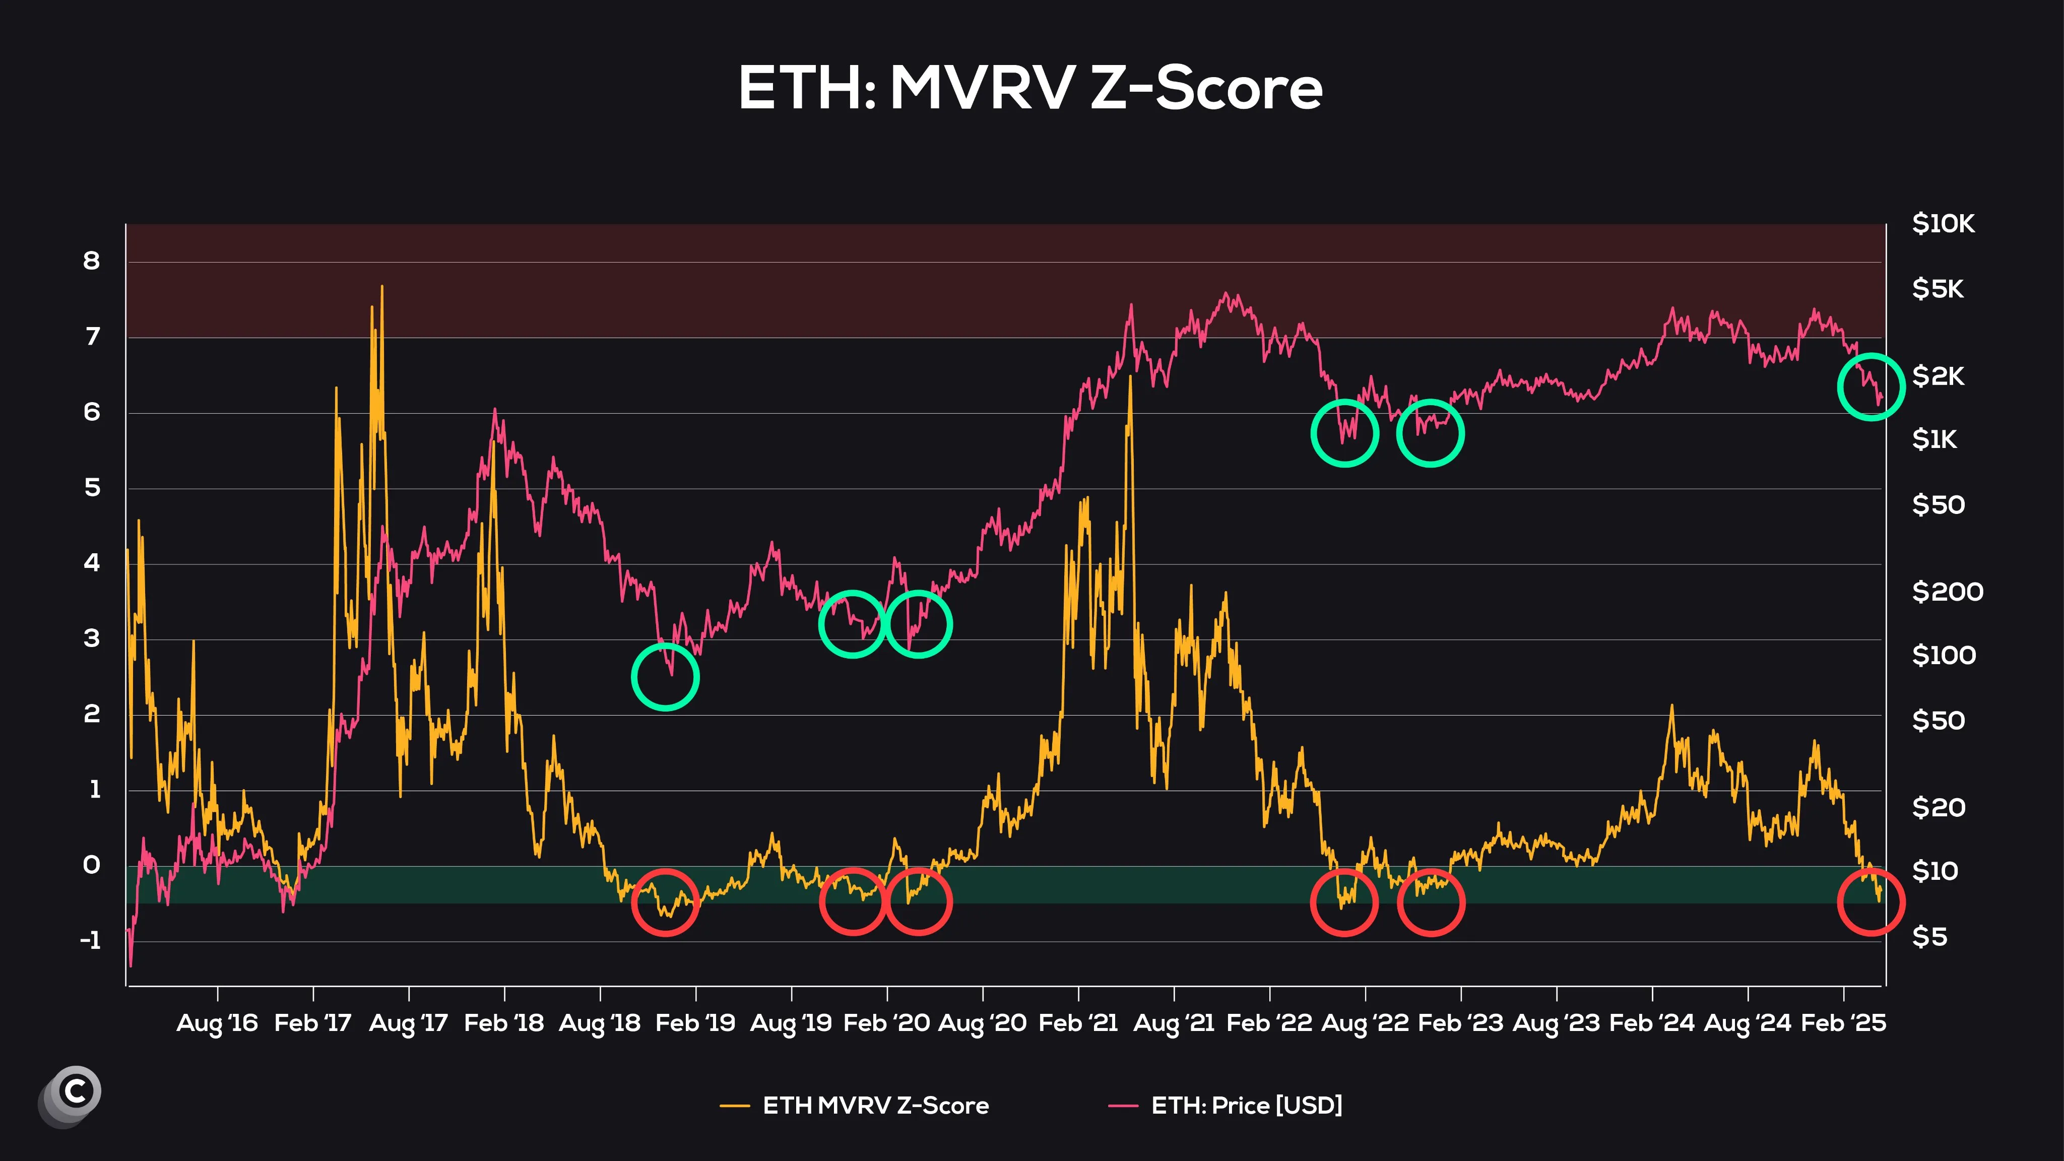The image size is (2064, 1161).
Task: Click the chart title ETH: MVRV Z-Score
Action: tap(1030, 88)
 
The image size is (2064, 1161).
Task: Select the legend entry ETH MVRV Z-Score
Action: tap(875, 1106)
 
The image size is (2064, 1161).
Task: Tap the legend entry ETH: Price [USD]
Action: tap(1246, 1106)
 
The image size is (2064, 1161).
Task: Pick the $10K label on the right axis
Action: tap(1943, 224)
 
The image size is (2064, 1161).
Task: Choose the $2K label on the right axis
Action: tap(1938, 376)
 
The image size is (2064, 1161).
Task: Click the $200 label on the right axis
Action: tap(1947, 592)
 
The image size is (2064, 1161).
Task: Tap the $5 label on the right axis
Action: tap(1929, 937)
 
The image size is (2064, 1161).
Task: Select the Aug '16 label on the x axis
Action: tap(217, 1023)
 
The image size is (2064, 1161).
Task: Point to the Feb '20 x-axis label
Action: tap(887, 1023)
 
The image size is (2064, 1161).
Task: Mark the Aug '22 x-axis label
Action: tap(1365, 1023)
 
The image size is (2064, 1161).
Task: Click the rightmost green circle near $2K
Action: tap(1871, 387)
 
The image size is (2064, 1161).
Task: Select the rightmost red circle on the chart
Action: tap(1871, 902)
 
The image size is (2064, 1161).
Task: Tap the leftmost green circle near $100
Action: tap(665, 677)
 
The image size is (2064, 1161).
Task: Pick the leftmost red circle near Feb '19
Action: tap(665, 902)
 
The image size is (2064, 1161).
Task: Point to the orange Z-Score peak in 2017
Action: tap(382, 287)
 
